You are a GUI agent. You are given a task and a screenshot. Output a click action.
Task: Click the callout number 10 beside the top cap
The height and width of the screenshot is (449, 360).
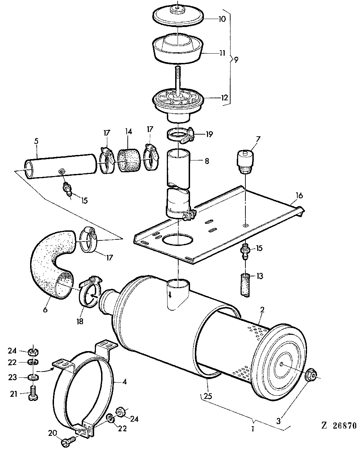[x=222, y=19]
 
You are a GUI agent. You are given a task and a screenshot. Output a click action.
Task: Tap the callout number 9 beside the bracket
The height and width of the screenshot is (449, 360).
[x=236, y=60]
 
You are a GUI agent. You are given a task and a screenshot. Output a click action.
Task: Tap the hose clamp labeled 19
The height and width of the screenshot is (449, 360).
[x=181, y=136]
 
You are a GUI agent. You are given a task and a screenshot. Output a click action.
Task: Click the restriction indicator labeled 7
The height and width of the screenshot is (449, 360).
[x=245, y=162]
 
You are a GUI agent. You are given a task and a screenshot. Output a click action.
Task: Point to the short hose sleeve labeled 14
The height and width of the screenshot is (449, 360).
[x=129, y=160]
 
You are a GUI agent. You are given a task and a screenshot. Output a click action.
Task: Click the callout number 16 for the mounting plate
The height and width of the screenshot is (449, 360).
[x=299, y=195]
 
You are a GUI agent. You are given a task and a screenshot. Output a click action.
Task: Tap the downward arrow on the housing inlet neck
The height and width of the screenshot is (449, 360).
[x=170, y=295]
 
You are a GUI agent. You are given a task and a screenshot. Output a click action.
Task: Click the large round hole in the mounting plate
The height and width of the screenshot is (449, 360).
[x=178, y=240]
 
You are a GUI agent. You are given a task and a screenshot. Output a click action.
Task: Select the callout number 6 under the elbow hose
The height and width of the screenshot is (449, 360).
[x=45, y=310]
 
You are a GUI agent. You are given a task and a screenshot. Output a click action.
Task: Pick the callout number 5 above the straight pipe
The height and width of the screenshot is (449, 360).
[x=36, y=141]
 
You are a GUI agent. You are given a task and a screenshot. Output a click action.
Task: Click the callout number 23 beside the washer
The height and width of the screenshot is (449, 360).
[x=12, y=377]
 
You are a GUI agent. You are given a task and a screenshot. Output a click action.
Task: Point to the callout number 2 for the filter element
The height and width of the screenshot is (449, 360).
[x=262, y=310]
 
